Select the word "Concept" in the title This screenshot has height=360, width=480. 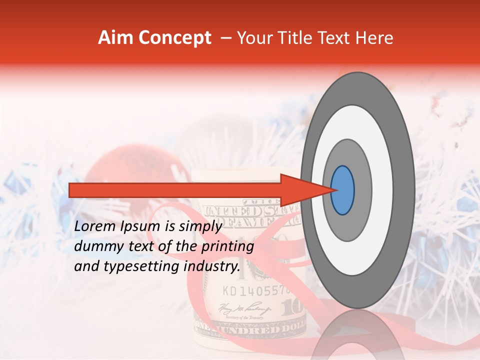pos(175,38)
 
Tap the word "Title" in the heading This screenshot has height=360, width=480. pos(300,38)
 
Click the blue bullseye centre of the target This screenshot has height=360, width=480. pos(342,190)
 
